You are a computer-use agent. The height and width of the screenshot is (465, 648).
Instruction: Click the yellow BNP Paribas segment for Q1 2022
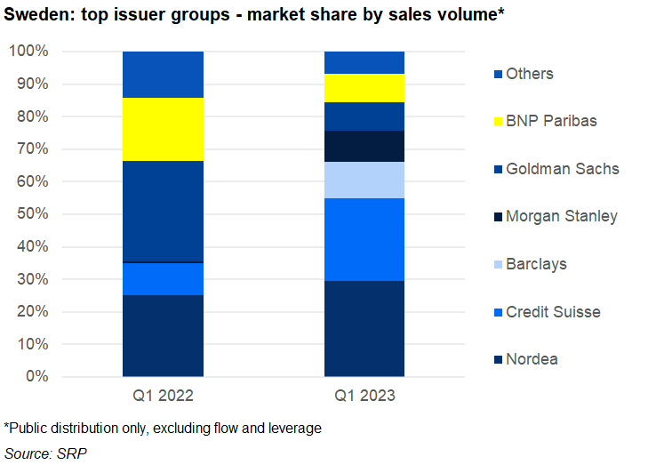tap(163, 129)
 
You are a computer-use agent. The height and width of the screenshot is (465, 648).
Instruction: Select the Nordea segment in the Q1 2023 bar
tap(364, 328)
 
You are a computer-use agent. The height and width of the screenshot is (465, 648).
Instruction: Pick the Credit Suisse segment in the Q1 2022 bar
tap(163, 279)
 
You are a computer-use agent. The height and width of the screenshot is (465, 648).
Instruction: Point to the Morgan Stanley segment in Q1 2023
tap(364, 146)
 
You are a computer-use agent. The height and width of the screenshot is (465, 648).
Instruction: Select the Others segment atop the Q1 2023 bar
tap(364, 62)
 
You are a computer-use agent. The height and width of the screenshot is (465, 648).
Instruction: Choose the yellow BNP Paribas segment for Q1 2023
tap(364, 88)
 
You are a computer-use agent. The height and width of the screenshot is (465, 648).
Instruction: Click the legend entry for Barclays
tap(536, 264)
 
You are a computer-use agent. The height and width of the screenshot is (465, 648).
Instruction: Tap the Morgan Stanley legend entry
tap(561, 216)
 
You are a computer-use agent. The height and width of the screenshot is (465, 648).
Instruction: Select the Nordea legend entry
tap(532, 359)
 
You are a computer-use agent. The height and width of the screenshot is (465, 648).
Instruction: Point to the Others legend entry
tap(529, 74)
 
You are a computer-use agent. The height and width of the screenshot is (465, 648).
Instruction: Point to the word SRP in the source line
tap(74, 453)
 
